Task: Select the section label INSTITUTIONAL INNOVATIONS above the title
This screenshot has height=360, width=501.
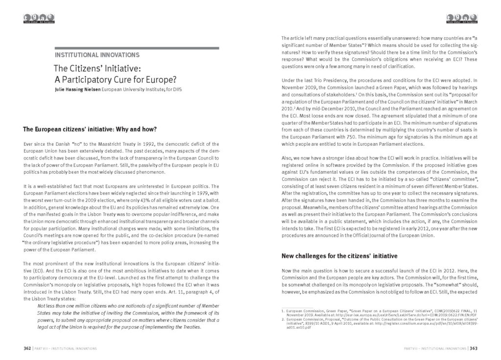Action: [x=97, y=55]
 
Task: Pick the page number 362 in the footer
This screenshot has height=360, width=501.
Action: [x=27, y=348]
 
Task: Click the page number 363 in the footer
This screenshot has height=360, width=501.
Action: [x=473, y=348]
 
